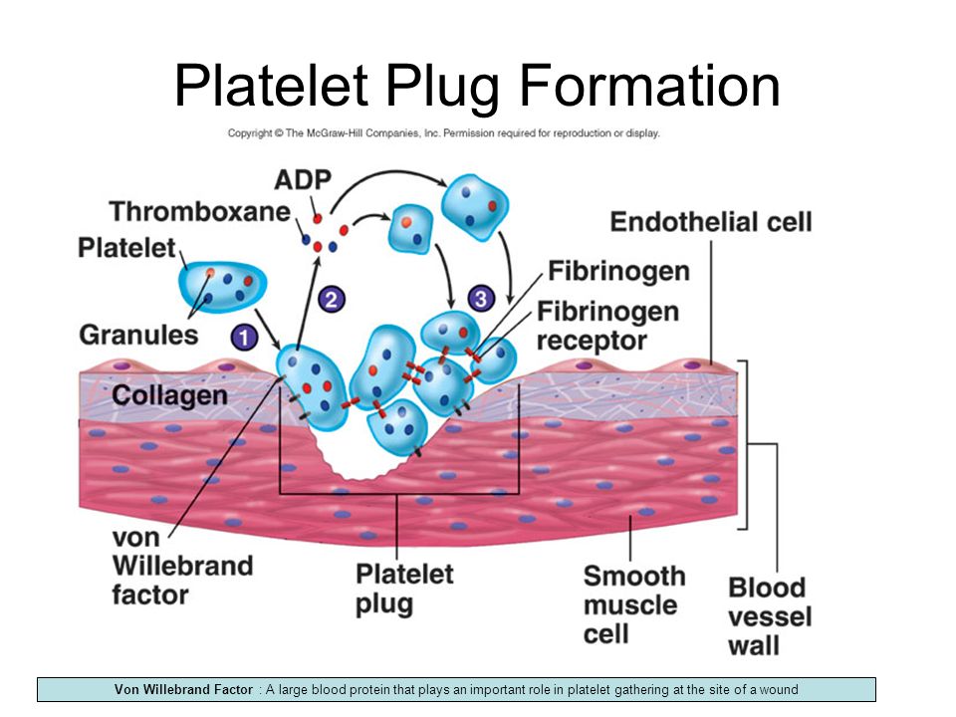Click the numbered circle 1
[244, 338]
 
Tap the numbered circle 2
[332, 299]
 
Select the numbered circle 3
[481, 299]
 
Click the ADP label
[303, 180]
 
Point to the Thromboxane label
[200, 211]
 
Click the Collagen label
[169, 395]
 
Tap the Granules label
[138, 335]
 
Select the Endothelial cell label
[711, 222]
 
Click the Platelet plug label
[404, 589]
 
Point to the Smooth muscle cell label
[634, 604]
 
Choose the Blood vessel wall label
[770, 616]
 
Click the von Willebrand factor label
[182, 566]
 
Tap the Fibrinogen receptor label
[607, 327]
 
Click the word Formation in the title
[649, 86]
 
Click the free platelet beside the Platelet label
[222, 287]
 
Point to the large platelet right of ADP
[474, 207]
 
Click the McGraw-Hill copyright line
[444, 132]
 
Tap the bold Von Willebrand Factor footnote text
[183, 689]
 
